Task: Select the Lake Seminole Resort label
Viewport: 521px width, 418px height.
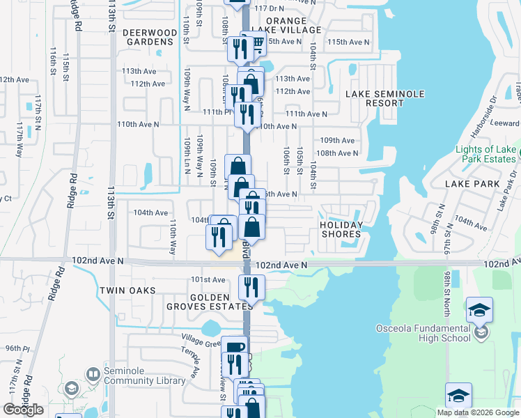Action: (x=375, y=98)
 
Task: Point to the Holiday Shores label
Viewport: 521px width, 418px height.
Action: (x=341, y=229)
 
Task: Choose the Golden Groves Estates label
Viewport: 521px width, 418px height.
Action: (x=209, y=302)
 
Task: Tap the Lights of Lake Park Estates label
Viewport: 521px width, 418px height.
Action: (x=485, y=154)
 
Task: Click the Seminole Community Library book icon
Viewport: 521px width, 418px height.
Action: (x=93, y=375)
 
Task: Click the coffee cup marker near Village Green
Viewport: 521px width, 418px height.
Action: (x=235, y=346)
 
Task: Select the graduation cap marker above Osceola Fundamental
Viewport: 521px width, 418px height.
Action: (x=479, y=309)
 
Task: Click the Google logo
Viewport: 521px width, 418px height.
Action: (x=23, y=410)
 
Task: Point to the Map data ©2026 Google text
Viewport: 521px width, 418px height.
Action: (x=477, y=412)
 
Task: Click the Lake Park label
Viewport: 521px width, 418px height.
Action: (x=474, y=184)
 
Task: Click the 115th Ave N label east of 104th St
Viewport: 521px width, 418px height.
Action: (x=348, y=42)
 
